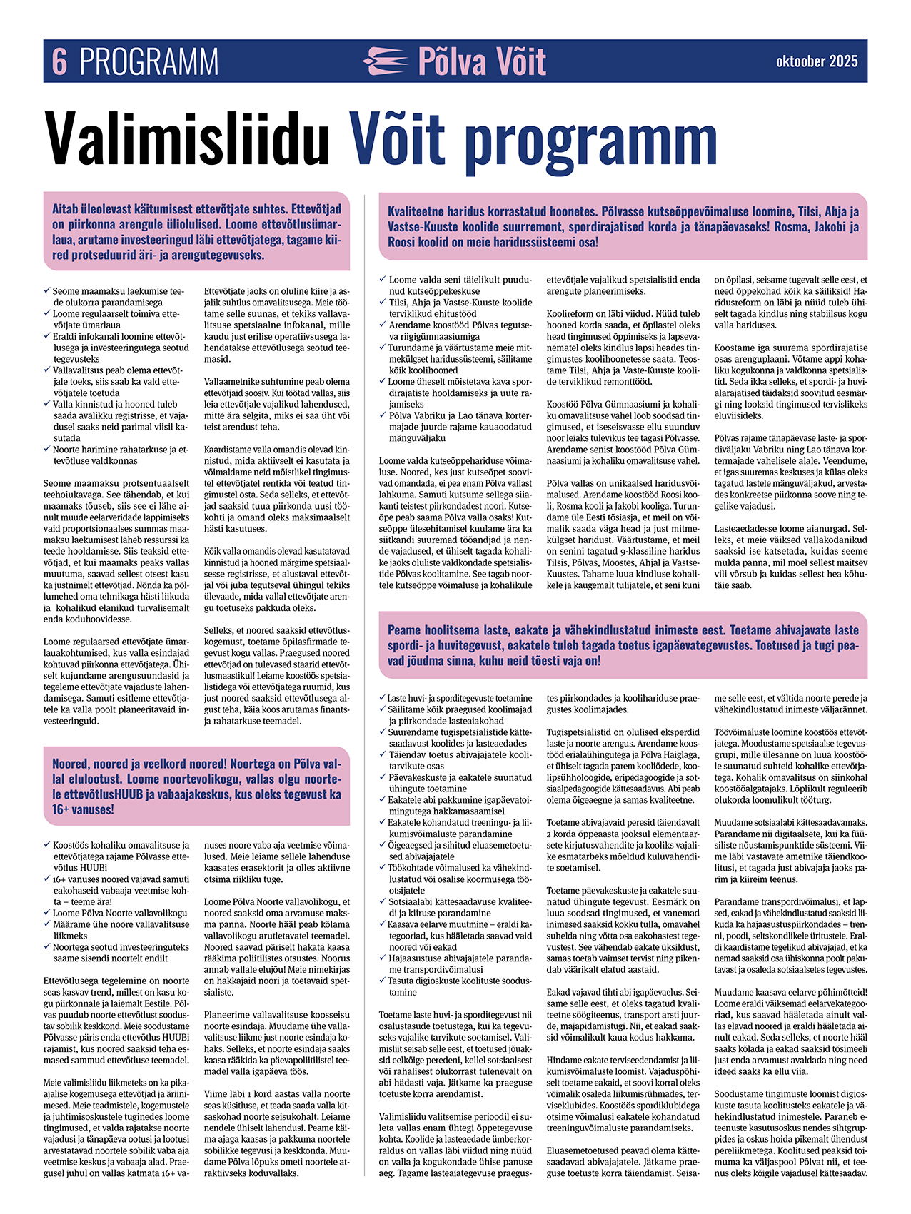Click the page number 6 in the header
click(x=59, y=61)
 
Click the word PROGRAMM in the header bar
click(x=149, y=61)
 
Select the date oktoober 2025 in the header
click(x=817, y=61)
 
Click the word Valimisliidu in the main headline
click(x=187, y=138)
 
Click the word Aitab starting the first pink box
click(x=69, y=209)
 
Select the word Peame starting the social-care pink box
click(x=406, y=630)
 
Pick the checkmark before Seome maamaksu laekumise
click(x=47, y=290)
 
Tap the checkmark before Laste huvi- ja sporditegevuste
click(x=383, y=697)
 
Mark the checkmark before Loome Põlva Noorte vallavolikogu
click(x=47, y=912)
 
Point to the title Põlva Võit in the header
click(x=482, y=61)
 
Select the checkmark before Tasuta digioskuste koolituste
click(x=383, y=981)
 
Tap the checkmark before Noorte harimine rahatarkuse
click(x=47, y=449)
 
